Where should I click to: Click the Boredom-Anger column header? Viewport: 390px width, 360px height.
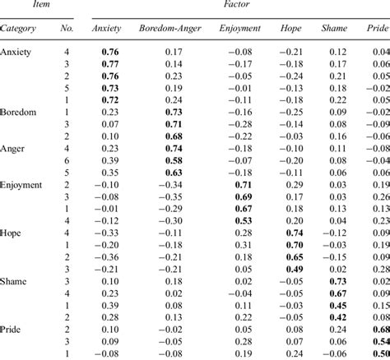pos(172,28)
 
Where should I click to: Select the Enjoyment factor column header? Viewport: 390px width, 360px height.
pos(239,28)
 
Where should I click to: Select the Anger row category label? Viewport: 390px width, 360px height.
pos(15,149)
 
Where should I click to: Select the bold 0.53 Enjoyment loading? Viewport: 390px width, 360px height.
pos(243,220)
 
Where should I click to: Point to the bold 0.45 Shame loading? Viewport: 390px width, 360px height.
pos(337,306)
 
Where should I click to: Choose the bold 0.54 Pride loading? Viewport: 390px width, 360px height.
pos(379,341)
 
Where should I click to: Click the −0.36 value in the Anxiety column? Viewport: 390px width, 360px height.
pos(108,256)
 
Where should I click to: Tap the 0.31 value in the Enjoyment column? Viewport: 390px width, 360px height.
pos(243,245)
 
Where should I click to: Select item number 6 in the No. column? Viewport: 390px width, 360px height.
pos(68,161)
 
